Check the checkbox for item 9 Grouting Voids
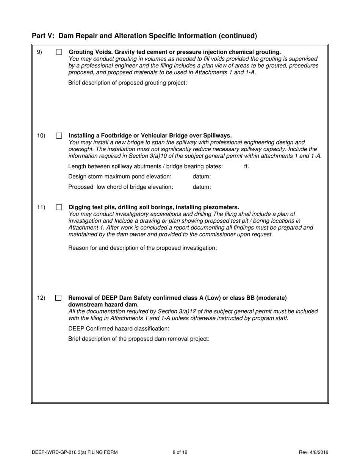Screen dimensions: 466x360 pyautogui.click(x=59, y=52)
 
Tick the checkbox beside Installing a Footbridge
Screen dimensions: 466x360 pyautogui.click(x=59, y=136)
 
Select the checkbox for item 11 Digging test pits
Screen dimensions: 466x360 pyautogui.click(x=59, y=207)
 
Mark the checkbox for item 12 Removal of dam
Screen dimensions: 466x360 pyautogui.click(x=59, y=298)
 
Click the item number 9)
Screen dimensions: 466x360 pyautogui.click(x=39, y=52)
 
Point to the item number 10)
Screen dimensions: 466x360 pyautogui.click(x=41, y=136)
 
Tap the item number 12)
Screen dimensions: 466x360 pyautogui.click(x=41, y=298)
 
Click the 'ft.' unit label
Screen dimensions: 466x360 pyautogui.click(x=247, y=166)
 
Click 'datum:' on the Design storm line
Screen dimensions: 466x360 pyautogui.click(x=202, y=177)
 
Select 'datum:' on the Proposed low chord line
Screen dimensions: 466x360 pyautogui.click(x=202, y=187)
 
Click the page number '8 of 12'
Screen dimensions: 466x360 pyautogui.click(x=180, y=452)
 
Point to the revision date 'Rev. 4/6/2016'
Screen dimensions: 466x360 pyautogui.click(x=313, y=452)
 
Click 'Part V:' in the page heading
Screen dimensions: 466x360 pyautogui.click(x=43, y=36)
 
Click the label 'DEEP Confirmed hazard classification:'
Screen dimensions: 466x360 pyautogui.click(x=119, y=328)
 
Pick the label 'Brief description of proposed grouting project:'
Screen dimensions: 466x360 pyautogui.click(x=127, y=83)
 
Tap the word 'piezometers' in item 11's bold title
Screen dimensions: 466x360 pyautogui.click(x=221, y=207)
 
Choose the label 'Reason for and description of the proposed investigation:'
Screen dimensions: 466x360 pyautogui.click(x=142, y=248)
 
